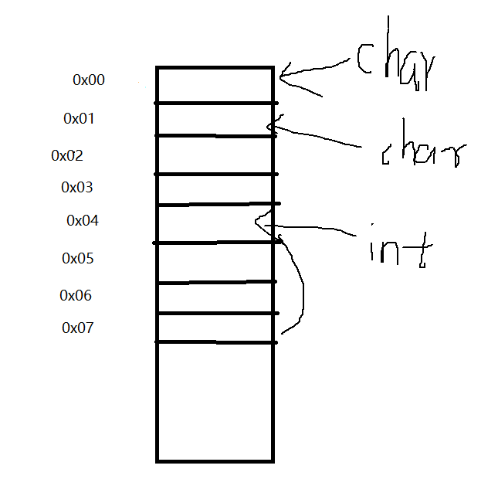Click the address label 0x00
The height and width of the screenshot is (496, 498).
coord(89,80)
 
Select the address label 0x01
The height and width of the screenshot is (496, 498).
coord(79,119)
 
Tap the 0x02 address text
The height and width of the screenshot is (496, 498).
coord(67,155)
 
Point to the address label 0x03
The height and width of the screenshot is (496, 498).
coord(77,187)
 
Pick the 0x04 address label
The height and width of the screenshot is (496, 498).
coord(83,221)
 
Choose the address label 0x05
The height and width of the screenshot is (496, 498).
coord(78,258)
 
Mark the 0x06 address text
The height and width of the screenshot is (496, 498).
coord(76,295)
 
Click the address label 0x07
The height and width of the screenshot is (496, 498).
coord(78,328)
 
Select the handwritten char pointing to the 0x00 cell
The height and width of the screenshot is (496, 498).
coord(394,66)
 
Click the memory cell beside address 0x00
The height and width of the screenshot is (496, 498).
coord(215,85)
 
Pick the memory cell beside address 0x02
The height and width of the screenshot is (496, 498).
coord(215,155)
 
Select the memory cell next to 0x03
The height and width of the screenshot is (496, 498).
coord(215,189)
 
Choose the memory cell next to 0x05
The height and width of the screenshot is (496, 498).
coord(215,263)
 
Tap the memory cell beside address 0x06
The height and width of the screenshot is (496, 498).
coord(215,297)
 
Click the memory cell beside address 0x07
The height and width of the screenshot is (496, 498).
coord(215,328)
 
